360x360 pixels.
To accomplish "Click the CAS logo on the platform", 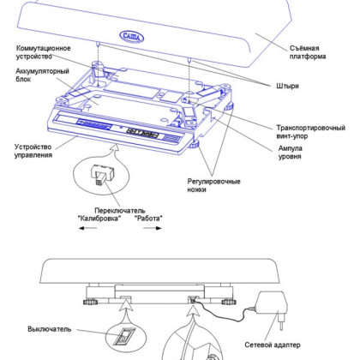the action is click(x=131, y=36).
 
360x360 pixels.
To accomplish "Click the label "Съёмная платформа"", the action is click(x=308, y=52).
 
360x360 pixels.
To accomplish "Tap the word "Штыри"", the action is click(x=287, y=86).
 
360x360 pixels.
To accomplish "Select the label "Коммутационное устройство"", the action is click(x=43, y=52).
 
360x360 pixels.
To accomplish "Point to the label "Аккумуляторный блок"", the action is click(x=42, y=75).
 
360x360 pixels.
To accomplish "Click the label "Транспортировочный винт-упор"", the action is click(x=310, y=132).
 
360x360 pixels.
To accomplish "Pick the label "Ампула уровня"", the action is click(x=291, y=153).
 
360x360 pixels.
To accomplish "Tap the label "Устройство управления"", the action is click(x=33, y=151).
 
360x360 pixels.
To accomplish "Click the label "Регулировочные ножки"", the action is click(x=213, y=185).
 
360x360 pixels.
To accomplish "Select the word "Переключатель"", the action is click(x=120, y=211).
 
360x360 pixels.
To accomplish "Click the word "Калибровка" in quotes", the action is click(x=99, y=219).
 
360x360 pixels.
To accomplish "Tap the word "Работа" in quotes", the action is click(x=148, y=219).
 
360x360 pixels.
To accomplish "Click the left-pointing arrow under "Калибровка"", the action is click(x=87, y=228).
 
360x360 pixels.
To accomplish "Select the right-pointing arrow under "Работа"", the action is click(x=153, y=228).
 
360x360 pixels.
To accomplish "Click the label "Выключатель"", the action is click(x=50, y=329).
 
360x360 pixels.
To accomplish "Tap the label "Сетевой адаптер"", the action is click(x=273, y=345).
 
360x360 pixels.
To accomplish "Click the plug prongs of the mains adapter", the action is click(x=281, y=322).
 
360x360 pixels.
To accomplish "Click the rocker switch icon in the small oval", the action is click(x=124, y=336).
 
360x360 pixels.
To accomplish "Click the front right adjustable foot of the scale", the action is click(x=195, y=144).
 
